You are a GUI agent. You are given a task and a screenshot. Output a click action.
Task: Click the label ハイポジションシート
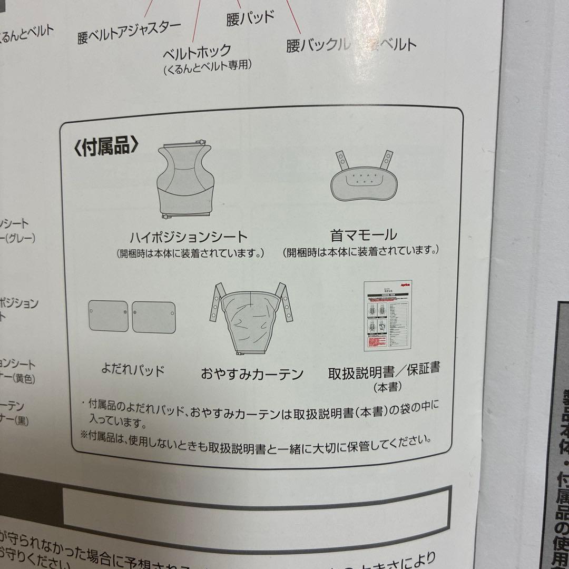click(x=189, y=237)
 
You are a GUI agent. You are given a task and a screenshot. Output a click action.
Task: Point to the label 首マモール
click(x=364, y=234)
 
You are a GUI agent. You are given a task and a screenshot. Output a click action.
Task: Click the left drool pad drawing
click(x=109, y=316)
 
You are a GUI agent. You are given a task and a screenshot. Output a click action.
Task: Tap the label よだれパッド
click(x=133, y=370)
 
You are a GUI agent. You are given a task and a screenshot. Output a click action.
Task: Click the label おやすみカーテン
click(x=252, y=374)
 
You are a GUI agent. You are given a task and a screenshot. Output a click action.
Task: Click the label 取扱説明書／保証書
click(x=384, y=371)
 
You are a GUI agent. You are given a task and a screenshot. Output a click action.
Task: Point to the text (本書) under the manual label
click(x=388, y=387)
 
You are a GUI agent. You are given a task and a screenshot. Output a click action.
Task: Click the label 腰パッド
click(x=250, y=17)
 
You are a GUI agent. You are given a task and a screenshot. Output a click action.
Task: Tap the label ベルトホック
click(x=197, y=51)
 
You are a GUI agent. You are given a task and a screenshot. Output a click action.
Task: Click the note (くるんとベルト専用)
click(x=207, y=66)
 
